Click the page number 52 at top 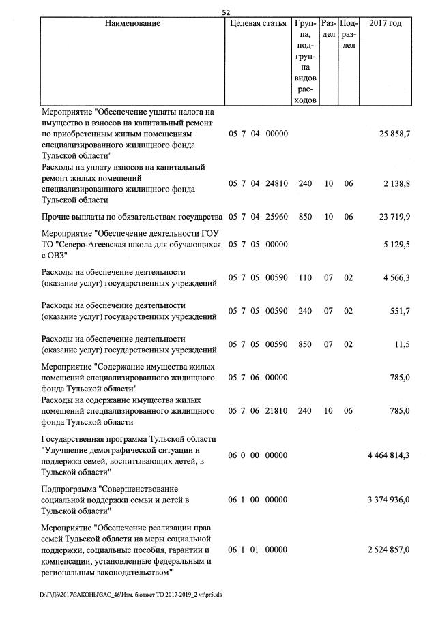pyautogui.click(x=227, y=12)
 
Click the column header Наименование pyautogui.click(x=133, y=24)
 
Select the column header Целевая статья pyautogui.click(x=258, y=24)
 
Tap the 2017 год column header pyautogui.click(x=385, y=24)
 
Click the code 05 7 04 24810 pyautogui.click(x=259, y=184)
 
